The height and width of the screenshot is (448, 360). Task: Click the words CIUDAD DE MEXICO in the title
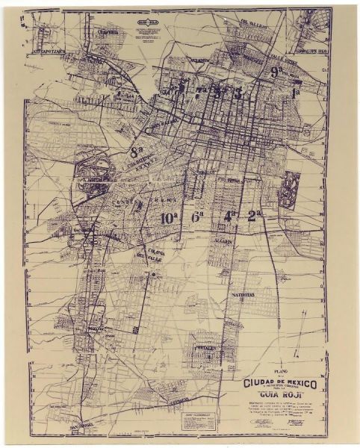click(x=280, y=383)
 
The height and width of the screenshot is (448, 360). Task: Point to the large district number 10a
click(x=169, y=217)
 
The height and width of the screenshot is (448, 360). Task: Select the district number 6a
click(x=198, y=217)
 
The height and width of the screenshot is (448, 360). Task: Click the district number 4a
click(x=230, y=216)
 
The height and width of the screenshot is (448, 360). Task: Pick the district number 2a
click(x=255, y=216)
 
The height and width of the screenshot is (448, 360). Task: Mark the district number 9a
click(x=276, y=72)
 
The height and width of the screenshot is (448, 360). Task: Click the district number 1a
click(x=296, y=93)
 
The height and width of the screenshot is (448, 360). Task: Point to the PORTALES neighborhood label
click(x=205, y=348)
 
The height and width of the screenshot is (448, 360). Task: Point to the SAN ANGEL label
click(x=81, y=428)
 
